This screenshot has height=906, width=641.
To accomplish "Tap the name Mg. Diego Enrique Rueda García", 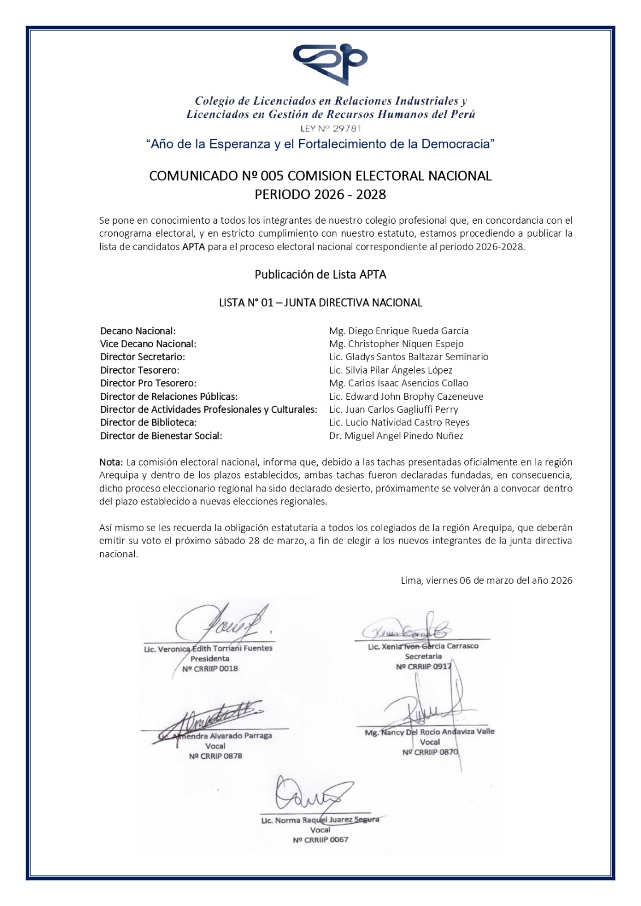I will tap(399, 331).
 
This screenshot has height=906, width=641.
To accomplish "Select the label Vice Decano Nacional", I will tap(148, 344).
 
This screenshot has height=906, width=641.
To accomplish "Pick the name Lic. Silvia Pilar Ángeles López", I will tap(391, 370).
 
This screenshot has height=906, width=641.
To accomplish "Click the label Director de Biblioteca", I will tap(148, 422).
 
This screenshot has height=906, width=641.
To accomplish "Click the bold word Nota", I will tap(110, 463).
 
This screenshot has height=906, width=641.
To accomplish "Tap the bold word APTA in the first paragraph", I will tap(194, 247).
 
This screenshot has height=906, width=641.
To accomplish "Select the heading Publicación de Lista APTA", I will tap(320, 275).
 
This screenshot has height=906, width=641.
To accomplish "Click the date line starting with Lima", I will tap(486, 580).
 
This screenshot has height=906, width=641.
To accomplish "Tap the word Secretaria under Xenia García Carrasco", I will tap(423, 657).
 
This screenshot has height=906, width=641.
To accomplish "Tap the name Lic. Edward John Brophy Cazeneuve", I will tap(406, 396).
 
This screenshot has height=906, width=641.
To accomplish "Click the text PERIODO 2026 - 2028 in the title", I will tap(320, 195).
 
